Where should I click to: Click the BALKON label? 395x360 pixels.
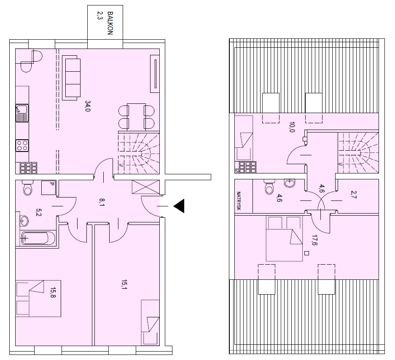(110, 23)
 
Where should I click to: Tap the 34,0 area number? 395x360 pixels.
(88, 106)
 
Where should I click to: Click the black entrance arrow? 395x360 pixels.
(179, 206)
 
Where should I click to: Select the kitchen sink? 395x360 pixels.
(22, 113)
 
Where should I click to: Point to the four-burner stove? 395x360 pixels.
(22, 146)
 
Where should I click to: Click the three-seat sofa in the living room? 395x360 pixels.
(71, 78)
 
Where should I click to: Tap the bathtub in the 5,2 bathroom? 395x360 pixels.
(38, 238)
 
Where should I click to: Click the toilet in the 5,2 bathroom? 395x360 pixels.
(27, 187)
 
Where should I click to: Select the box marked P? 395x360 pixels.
(48, 188)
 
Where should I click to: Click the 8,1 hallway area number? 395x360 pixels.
(102, 202)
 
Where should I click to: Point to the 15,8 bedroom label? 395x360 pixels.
(53, 292)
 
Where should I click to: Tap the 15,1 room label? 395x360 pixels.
(124, 284)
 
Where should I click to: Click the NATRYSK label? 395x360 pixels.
(239, 201)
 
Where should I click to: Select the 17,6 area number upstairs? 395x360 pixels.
(314, 240)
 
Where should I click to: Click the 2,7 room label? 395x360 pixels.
(354, 195)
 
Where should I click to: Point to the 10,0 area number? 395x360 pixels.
(292, 127)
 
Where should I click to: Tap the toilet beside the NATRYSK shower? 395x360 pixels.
(269, 187)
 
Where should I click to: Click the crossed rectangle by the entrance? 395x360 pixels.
(146, 187)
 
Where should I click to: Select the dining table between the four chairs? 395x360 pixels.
(136, 117)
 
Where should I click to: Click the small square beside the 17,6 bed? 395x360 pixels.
(306, 253)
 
